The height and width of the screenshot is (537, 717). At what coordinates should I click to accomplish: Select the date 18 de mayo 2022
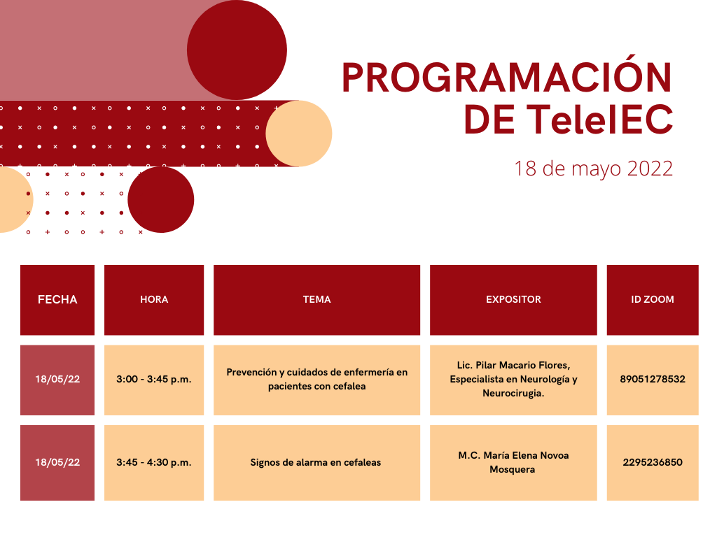click(x=593, y=169)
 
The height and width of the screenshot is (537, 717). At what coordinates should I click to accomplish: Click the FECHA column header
click(x=57, y=299)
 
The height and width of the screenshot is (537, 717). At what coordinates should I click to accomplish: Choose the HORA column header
click(x=154, y=299)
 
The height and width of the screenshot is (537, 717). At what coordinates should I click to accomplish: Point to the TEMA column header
click(x=317, y=299)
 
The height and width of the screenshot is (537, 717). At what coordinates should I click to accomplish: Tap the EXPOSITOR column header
click(x=513, y=299)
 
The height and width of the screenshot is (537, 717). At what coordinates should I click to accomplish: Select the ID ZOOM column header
click(x=653, y=299)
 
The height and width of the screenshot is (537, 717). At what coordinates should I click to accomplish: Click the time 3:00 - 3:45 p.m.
click(x=154, y=380)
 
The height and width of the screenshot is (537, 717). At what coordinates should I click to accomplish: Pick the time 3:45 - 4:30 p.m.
click(x=154, y=463)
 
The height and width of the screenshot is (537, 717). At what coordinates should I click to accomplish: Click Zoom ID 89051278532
click(x=653, y=379)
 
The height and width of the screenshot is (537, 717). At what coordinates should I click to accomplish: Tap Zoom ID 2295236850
click(x=653, y=462)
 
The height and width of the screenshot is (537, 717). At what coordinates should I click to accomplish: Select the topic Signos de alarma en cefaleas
click(x=316, y=463)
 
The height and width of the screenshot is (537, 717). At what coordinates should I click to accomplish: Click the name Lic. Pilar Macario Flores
click(x=513, y=365)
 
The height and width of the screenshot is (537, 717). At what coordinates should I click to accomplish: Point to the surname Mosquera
click(x=512, y=470)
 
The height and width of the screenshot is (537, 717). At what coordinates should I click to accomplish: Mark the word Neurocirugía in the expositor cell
click(x=513, y=394)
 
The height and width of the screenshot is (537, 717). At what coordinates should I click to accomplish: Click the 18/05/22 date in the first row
click(x=57, y=380)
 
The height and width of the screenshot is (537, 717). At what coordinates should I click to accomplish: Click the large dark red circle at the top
click(x=237, y=50)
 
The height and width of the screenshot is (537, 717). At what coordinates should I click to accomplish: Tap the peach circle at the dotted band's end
click(x=298, y=134)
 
